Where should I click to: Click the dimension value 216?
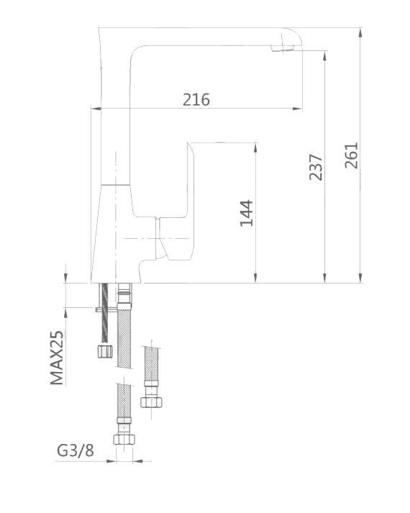coord(196,99)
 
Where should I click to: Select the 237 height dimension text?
coord(315,167)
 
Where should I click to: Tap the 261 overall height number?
coord(350,155)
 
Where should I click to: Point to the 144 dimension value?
coord(247,213)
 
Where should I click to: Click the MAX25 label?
coord(58,358)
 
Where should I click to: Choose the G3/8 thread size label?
coord(75,451)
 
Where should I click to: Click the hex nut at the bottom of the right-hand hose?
coord(150,401)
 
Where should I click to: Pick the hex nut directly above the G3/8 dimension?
coord(124,437)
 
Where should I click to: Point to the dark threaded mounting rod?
coord(106,313)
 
